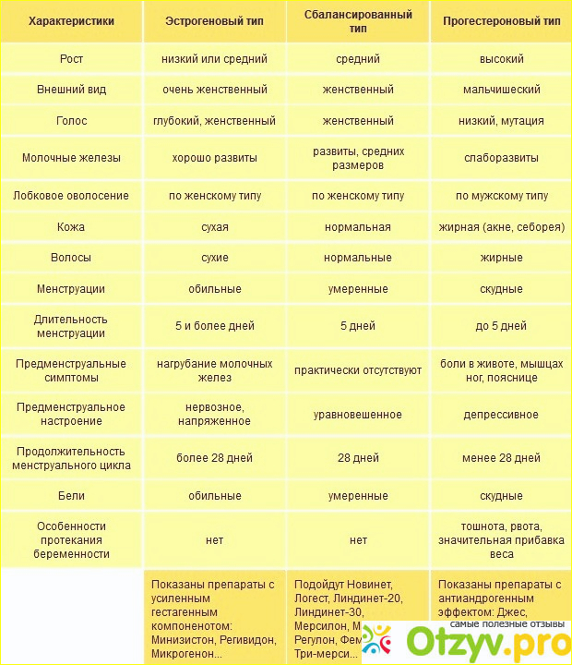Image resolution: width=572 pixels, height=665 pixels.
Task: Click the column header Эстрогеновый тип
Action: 214,20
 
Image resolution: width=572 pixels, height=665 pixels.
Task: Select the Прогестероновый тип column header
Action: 501,20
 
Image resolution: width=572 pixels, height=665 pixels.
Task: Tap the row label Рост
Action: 71,59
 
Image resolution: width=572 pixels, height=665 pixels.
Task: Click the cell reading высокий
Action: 501,59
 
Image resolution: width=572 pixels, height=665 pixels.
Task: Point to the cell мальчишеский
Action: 501,90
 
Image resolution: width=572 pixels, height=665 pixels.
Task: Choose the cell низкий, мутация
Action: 501,121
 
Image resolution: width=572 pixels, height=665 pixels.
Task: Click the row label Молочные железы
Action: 71,158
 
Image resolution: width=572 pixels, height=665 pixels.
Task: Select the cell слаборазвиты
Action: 501,158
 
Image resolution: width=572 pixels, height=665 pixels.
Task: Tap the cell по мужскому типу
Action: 501,196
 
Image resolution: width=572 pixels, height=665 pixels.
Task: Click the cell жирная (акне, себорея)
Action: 501,227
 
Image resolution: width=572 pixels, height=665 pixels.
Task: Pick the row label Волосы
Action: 71,258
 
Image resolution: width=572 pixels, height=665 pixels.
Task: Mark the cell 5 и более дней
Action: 214,326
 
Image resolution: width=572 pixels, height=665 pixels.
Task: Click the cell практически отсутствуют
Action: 358,370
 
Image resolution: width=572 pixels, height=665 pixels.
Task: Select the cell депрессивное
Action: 501,415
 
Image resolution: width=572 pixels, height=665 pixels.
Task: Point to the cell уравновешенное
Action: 358,415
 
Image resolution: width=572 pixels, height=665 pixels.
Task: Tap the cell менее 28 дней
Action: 501,458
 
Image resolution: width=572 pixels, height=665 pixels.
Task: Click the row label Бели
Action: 71,496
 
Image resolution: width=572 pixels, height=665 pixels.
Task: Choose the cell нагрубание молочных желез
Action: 214,370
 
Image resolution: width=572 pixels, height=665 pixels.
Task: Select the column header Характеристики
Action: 71,20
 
